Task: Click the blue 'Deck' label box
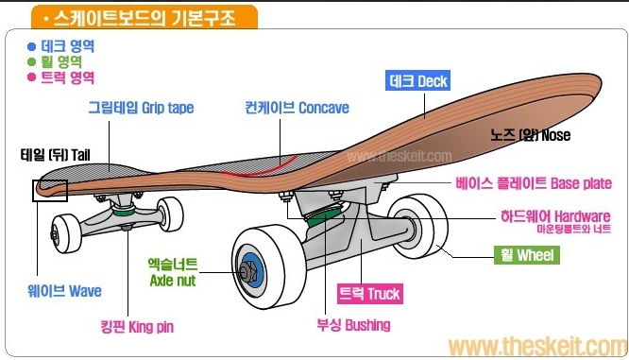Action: pos(419,81)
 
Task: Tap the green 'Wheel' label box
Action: pos(527,255)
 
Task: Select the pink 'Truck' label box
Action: pos(369,294)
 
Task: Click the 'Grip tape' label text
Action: pos(141,108)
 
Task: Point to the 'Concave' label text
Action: pos(297,108)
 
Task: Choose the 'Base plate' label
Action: pos(534,183)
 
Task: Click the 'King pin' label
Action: pos(138,328)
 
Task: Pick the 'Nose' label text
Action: pos(530,135)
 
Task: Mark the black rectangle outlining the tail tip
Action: pos(49,190)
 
